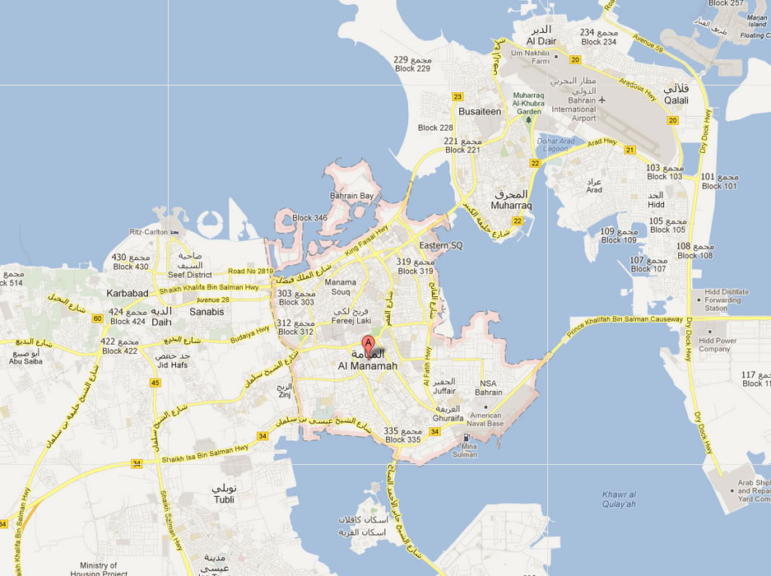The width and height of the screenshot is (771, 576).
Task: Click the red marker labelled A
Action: [369, 344]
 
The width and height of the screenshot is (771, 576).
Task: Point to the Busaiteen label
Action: [480, 110]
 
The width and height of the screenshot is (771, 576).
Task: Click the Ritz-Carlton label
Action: [149, 232]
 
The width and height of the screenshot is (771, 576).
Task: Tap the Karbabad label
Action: [127, 293]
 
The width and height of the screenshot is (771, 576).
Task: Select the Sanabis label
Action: [207, 312]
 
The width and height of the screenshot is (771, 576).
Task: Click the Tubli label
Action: [223, 499]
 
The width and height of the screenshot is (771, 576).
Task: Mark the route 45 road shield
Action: [156, 383]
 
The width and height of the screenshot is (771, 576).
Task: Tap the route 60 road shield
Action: [97, 318]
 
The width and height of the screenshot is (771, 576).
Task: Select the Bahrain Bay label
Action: [351, 196]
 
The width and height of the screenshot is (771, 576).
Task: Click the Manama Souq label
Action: [341, 287]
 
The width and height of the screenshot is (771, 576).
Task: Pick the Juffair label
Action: [444, 391]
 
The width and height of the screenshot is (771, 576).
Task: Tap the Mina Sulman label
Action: [465, 450]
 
